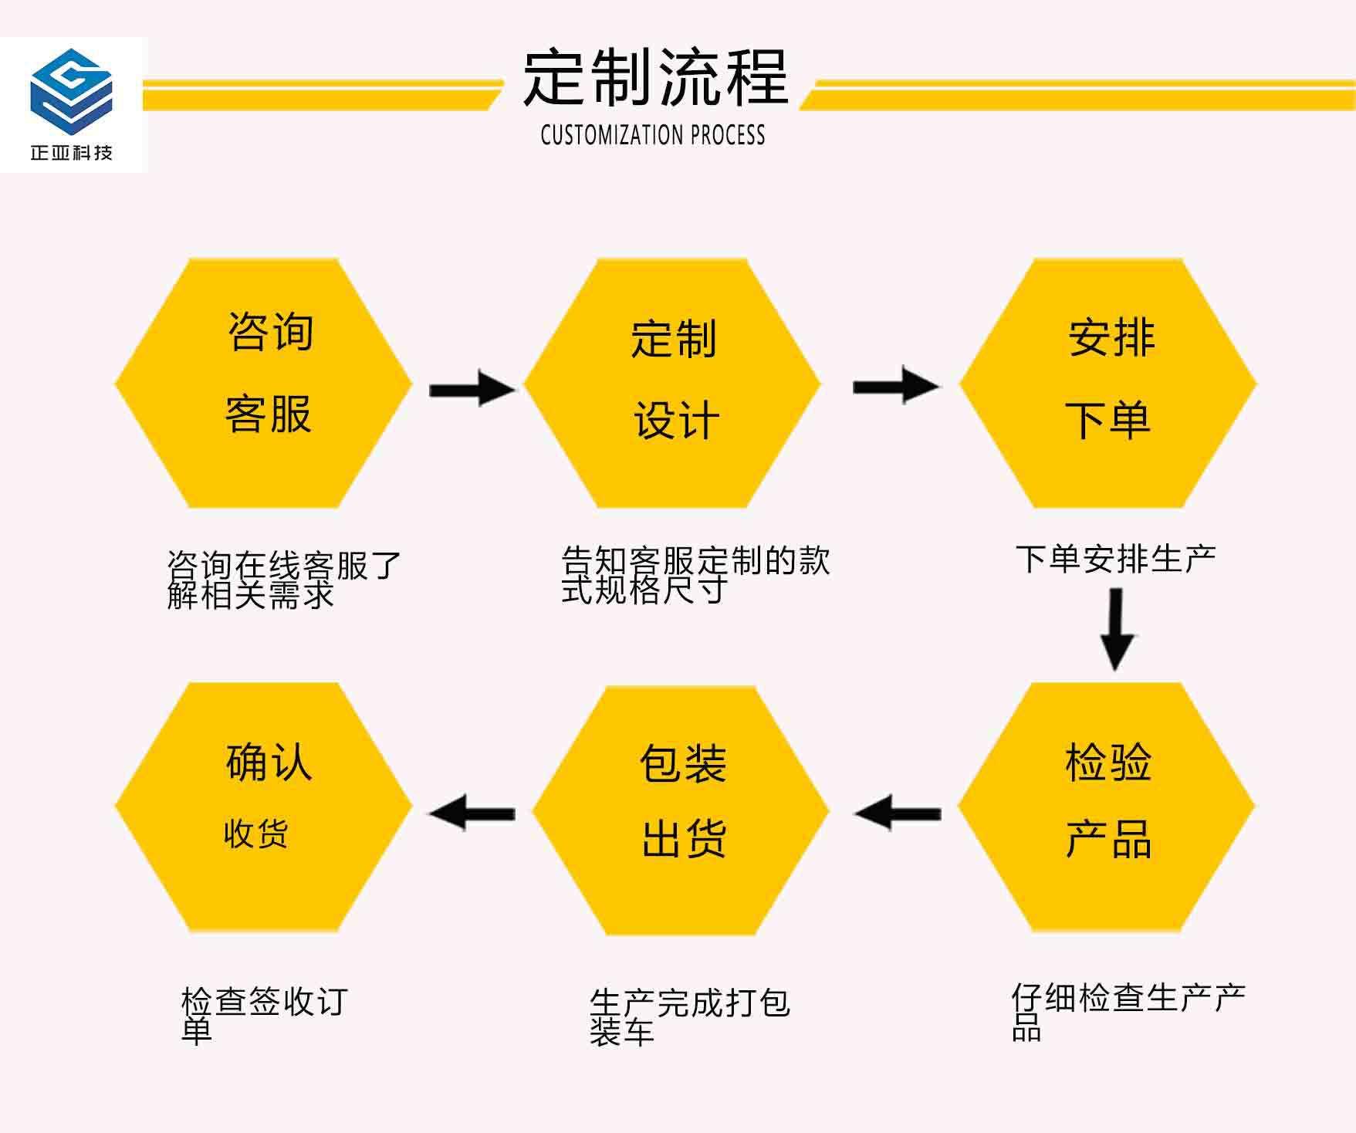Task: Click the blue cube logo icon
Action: coord(71,91)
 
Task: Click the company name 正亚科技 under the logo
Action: coord(72,152)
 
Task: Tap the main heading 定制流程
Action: coord(655,77)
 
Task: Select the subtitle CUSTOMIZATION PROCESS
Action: coord(653,135)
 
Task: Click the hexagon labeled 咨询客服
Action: coord(264,384)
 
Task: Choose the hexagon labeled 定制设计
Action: coord(672,384)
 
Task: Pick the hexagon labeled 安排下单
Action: coord(1107,384)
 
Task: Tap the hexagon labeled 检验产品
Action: coord(1107,807)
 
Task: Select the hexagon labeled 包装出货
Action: coord(681,810)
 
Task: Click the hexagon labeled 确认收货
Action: coord(264,807)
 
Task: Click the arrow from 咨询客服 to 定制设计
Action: coord(472,388)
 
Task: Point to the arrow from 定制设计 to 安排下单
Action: coord(895,386)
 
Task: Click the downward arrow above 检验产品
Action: coord(1116,629)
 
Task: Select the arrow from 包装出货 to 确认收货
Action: coord(472,813)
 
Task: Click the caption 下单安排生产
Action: coord(1115,559)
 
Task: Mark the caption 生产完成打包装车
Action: coord(689,1016)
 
